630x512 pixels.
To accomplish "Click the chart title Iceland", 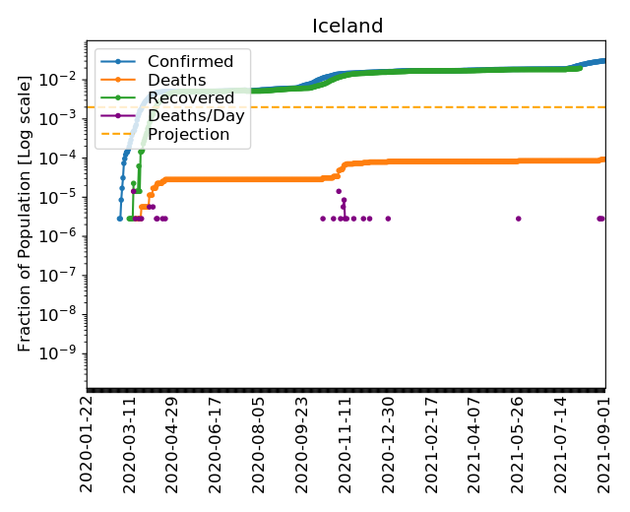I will [347, 27].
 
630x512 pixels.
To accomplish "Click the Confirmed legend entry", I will [190, 62].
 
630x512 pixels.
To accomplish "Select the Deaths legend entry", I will [176, 80].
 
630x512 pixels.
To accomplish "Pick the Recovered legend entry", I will [189, 97].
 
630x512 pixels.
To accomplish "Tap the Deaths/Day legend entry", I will [196, 115].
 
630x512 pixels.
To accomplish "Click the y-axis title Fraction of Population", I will [26, 212].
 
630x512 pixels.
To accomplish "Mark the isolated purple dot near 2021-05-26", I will [519, 219].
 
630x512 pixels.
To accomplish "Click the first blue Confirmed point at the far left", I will [120, 219].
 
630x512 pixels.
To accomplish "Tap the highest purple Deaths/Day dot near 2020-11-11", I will [339, 191].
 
